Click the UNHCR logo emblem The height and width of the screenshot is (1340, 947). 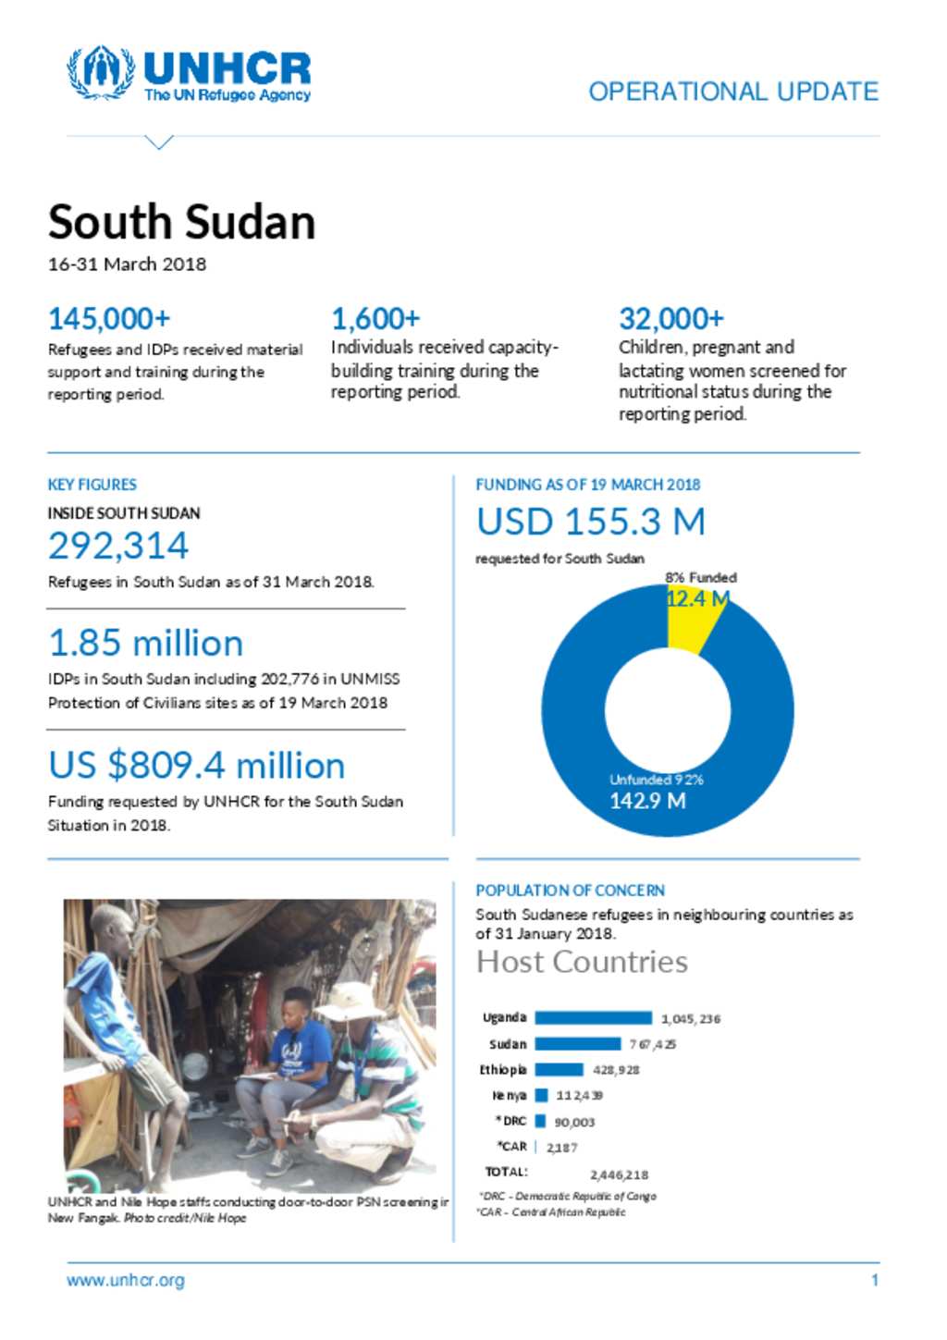pos(101,72)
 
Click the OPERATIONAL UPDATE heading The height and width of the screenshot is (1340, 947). pos(733,92)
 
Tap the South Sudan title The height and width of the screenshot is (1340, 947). pos(182,222)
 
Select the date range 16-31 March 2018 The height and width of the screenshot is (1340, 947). pos(127,264)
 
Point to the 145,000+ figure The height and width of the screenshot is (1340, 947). pos(109,319)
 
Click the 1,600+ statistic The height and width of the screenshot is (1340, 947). pos(375,319)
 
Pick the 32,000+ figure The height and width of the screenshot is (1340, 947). pos(670,319)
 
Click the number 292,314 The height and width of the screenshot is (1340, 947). pos(118,546)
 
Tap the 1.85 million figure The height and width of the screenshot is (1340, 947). pos(146,644)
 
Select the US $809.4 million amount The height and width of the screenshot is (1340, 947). pos(197,766)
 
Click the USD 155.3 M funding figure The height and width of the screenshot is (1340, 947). pos(591,522)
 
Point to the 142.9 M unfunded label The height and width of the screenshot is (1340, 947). pos(647,801)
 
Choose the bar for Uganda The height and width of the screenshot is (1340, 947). pos(593,1018)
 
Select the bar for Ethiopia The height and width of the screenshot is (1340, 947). pos(559,1070)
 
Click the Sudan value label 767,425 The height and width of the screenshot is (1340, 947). pos(653,1045)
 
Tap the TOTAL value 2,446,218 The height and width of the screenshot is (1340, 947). pos(619,1175)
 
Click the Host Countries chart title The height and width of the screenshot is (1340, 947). pos(582,963)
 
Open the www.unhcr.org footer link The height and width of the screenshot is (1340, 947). pos(126,1281)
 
